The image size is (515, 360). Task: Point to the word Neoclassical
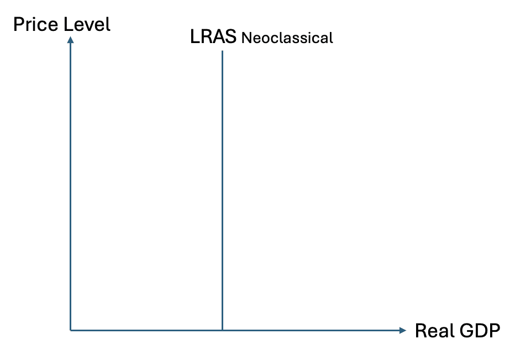pos(287,38)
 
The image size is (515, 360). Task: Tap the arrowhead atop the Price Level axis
pos(71,39)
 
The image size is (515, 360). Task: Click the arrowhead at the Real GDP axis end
pos(402,330)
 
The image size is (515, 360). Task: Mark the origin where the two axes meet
pos(71,330)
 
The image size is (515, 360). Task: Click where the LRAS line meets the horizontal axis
pos(222,330)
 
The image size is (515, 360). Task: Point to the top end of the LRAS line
pos(222,52)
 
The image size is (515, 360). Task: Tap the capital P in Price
pos(19,24)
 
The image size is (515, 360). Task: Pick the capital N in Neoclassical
pos(246,38)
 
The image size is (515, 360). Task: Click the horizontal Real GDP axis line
pos(309,330)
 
